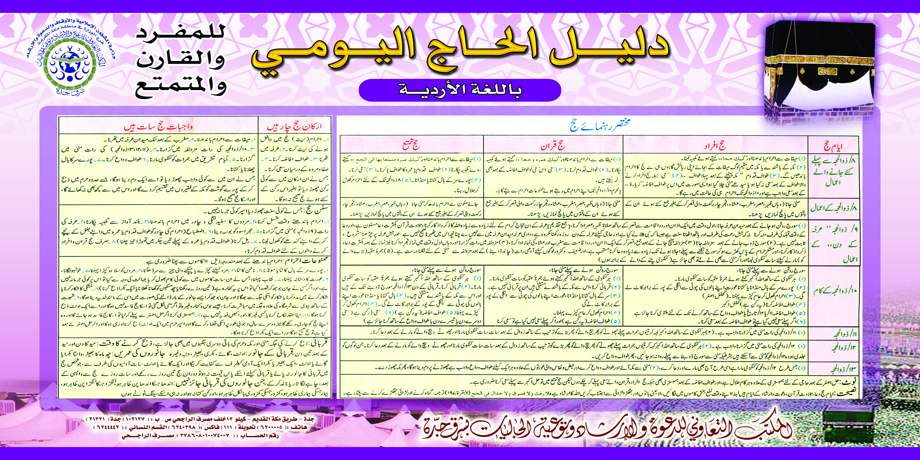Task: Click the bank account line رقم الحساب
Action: (200, 436)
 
